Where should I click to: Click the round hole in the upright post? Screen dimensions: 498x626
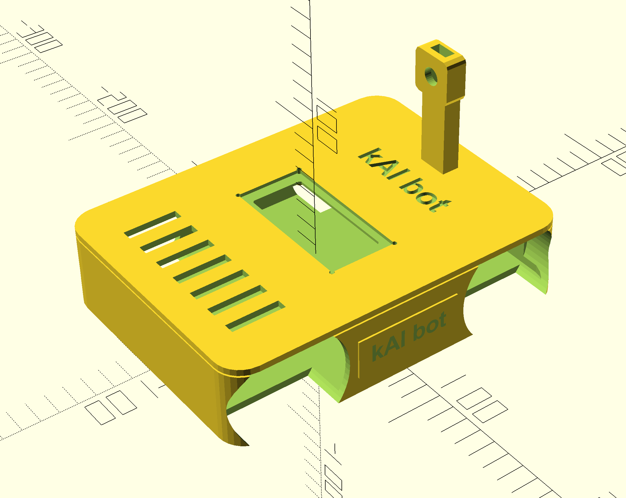pos(431,76)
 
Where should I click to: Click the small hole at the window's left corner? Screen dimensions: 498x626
pos(238,195)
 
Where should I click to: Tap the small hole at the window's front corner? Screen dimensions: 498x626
pos(332,272)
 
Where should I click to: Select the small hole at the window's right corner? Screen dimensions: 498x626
pos(394,243)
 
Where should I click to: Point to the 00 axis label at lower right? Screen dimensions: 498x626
pos(482,405)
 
